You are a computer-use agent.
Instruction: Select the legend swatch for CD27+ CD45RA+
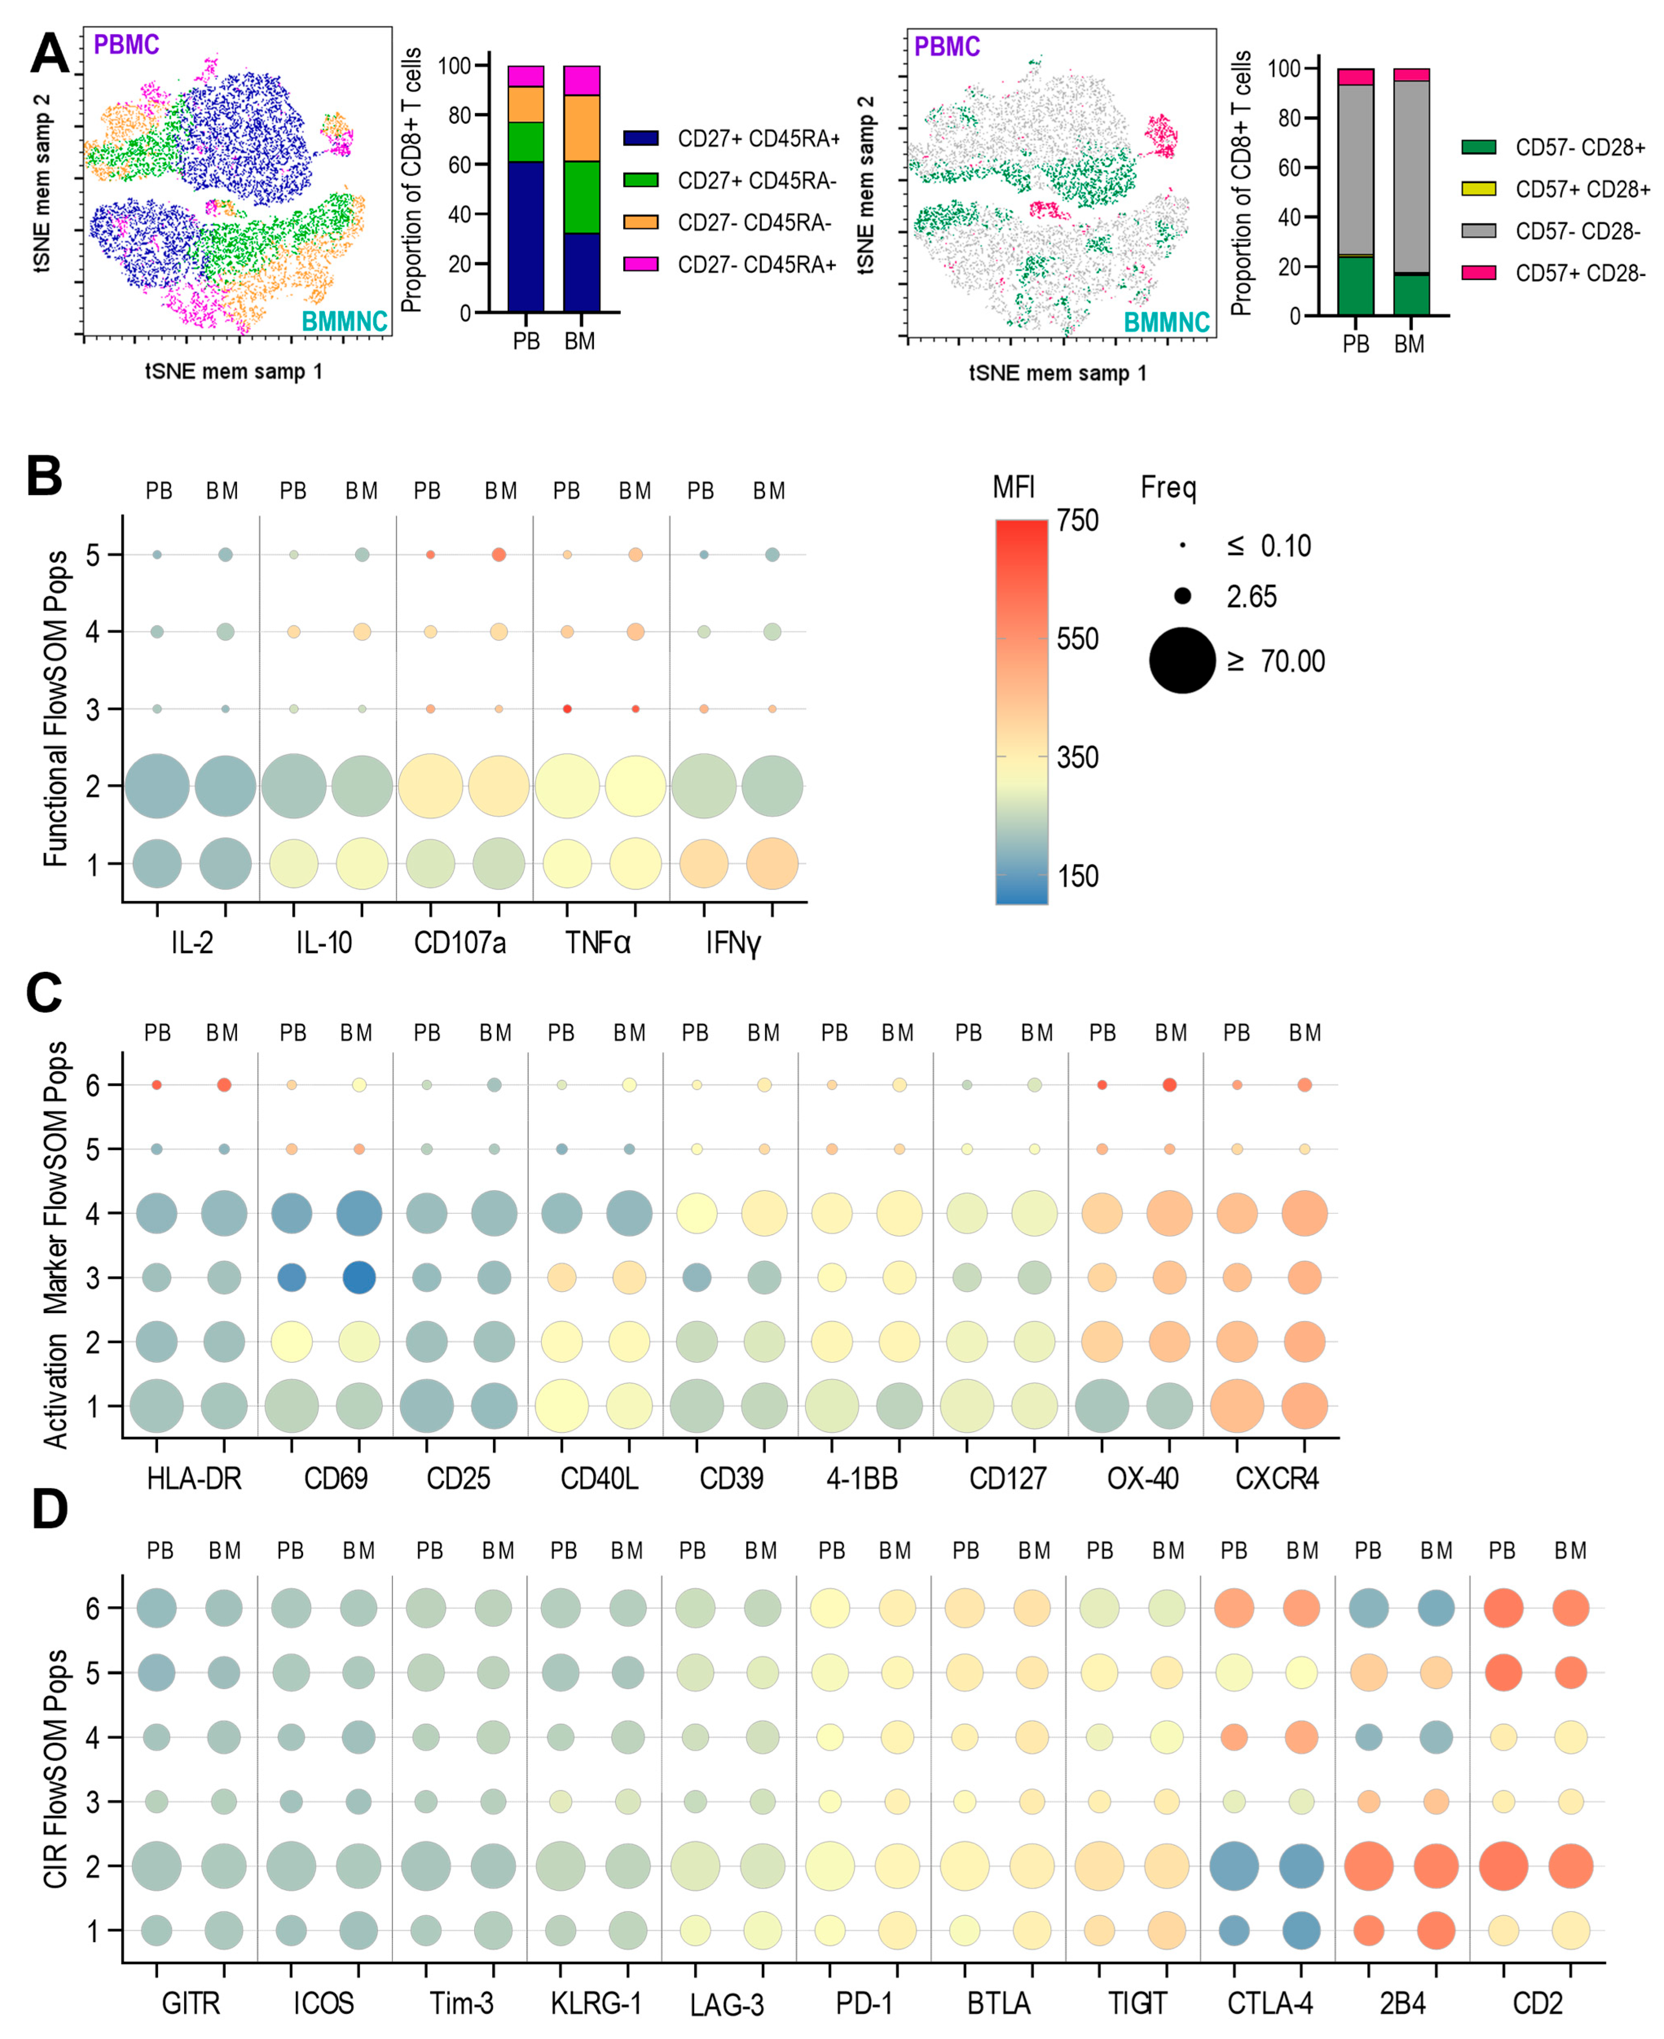640,138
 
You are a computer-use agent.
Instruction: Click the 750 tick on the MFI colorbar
1077,520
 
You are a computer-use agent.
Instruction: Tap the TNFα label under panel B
597,943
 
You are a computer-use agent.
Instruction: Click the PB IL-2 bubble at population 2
157,786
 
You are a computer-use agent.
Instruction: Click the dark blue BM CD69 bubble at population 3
358,1277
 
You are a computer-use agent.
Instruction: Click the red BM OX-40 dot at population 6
1169,1085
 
